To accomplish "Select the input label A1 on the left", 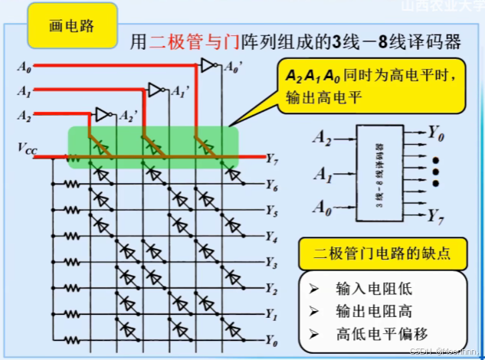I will coord(24,93).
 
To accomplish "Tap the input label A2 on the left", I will coord(24,116).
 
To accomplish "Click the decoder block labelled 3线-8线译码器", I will coord(378,173).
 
